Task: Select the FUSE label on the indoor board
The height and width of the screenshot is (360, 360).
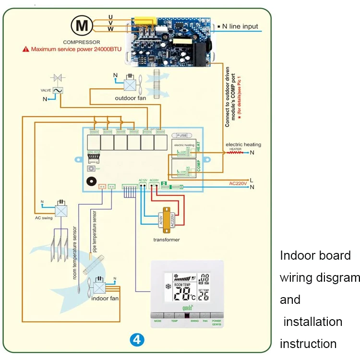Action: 182,135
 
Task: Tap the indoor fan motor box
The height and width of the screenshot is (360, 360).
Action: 100,287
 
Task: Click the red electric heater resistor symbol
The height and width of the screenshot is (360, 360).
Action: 235,153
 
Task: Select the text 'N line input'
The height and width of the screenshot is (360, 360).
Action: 240,26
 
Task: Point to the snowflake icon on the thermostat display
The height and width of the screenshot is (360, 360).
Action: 168,287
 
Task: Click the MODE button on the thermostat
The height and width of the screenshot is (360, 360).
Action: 158,320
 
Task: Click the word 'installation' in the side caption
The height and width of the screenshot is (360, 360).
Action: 312,322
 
